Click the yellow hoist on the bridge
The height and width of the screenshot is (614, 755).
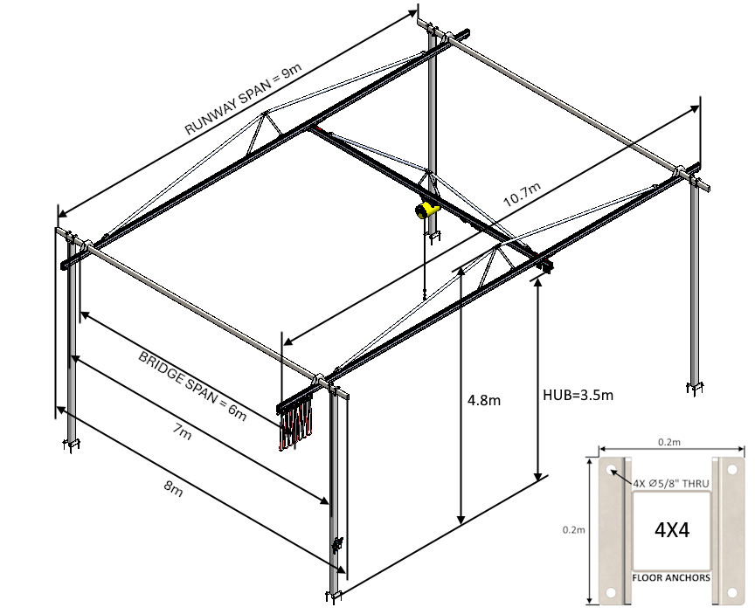pyautogui.click(x=426, y=209)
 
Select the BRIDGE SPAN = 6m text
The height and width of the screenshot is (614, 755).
pyautogui.click(x=191, y=385)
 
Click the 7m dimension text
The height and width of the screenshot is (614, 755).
pyautogui.click(x=181, y=431)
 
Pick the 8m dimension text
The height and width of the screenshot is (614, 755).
pyautogui.click(x=172, y=488)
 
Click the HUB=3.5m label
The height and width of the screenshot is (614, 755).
pyautogui.click(x=578, y=396)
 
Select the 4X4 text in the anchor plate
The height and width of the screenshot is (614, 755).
pyautogui.click(x=671, y=529)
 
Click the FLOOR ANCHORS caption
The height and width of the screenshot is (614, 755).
pyautogui.click(x=671, y=577)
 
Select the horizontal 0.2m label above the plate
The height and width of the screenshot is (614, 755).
pyautogui.click(x=671, y=443)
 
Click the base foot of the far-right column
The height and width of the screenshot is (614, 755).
pyautogui.click(x=696, y=387)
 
